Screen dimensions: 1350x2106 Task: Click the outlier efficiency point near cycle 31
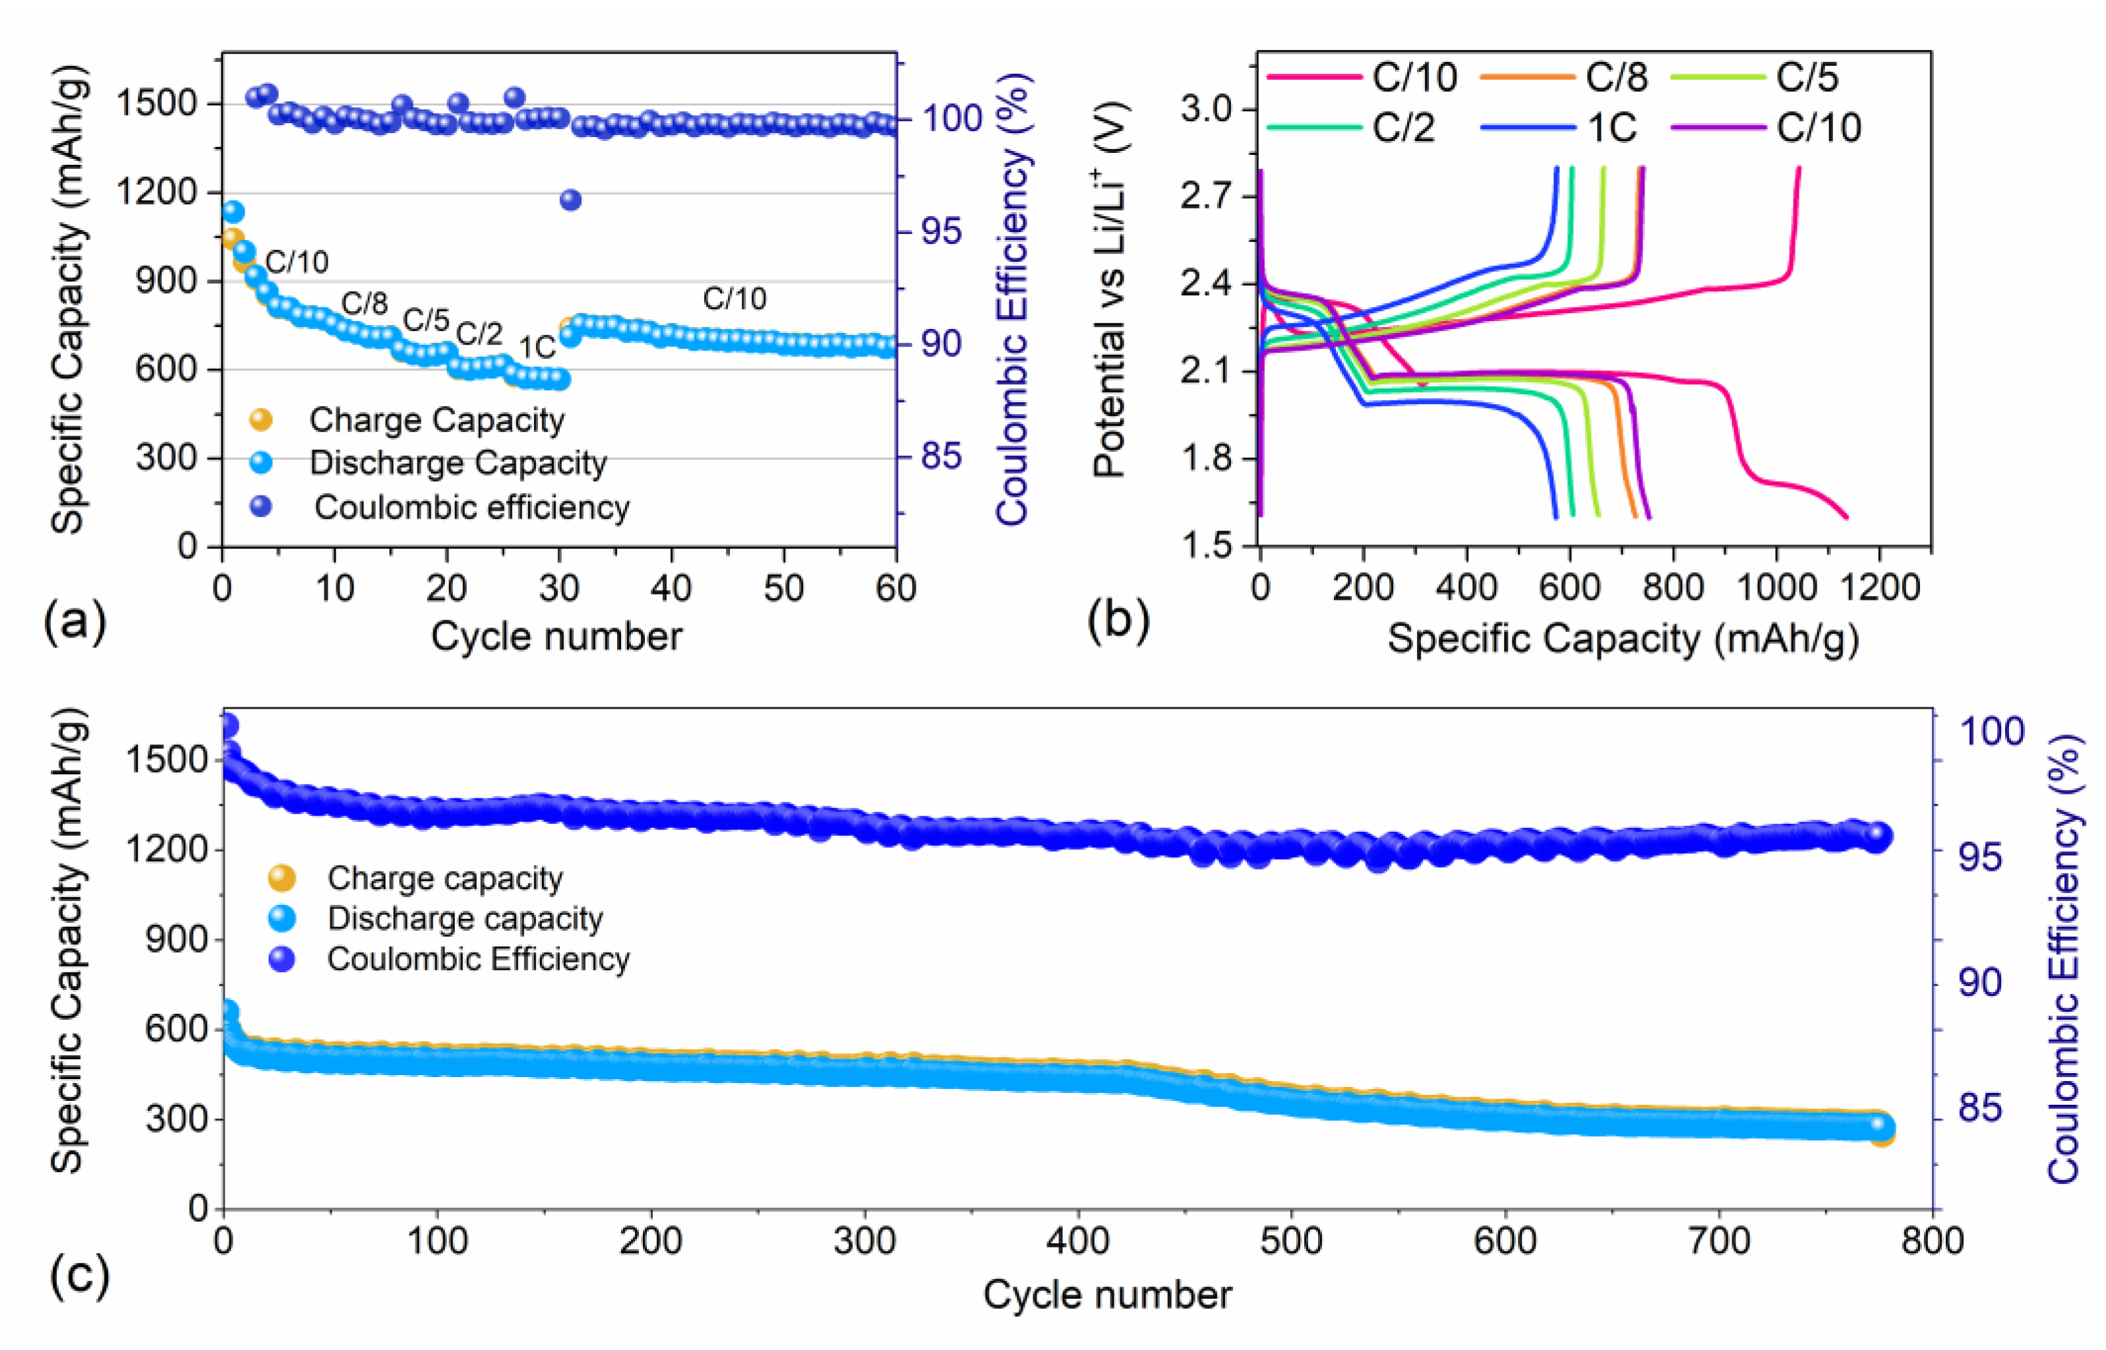point(570,200)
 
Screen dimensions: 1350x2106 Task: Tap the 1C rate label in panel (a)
point(537,348)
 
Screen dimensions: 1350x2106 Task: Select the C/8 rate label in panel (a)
point(364,303)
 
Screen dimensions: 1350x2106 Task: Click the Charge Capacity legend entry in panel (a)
point(436,420)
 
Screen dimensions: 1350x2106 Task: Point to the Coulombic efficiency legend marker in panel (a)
point(260,506)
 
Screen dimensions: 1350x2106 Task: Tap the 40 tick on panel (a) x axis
point(671,588)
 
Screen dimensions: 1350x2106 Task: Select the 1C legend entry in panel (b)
point(1611,128)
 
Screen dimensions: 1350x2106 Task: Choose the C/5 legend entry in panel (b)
point(1806,77)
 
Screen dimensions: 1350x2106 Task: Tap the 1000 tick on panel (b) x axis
point(1776,587)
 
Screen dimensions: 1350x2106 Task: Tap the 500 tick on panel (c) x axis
point(1292,1241)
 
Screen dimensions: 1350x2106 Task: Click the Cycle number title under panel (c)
point(1106,1295)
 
